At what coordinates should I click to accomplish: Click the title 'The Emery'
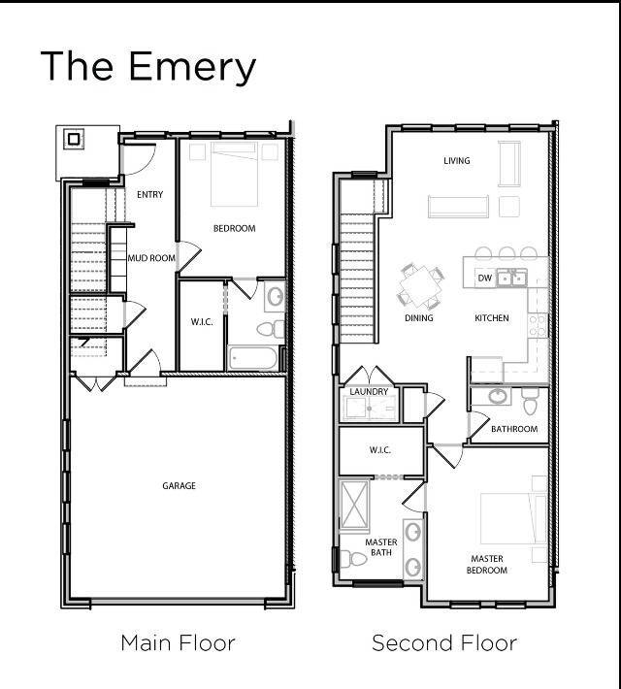click(x=147, y=66)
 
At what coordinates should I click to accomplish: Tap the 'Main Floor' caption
click(x=178, y=642)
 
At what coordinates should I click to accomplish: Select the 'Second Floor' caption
click(x=444, y=642)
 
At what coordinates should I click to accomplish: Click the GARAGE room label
click(x=179, y=485)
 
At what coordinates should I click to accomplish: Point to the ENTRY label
click(x=149, y=195)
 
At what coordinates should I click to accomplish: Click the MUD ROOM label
click(x=151, y=258)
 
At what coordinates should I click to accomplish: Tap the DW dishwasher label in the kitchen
click(x=484, y=279)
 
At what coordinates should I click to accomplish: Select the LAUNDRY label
click(x=369, y=392)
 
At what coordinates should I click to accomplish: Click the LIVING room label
click(x=456, y=161)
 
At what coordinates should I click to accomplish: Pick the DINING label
click(x=418, y=318)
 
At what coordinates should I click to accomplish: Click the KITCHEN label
click(x=491, y=318)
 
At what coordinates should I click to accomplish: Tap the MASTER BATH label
click(x=380, y=548)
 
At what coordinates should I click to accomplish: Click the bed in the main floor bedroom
click(x=233, y=174)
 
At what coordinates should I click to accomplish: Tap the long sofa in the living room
click(x=457, y=206)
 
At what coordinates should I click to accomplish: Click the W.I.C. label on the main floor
click(x=202, y=321)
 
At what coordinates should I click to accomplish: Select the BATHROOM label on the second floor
click(x=513, y=429)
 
